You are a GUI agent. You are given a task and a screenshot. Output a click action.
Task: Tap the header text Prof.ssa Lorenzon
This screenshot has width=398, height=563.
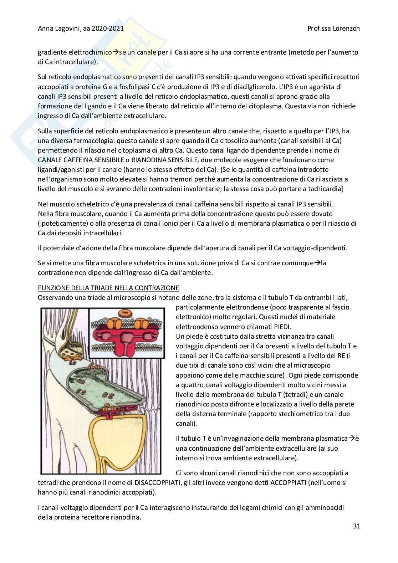(333, 29)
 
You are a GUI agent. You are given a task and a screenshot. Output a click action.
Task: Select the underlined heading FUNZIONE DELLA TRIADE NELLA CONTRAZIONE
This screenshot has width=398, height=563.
(108, 288)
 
